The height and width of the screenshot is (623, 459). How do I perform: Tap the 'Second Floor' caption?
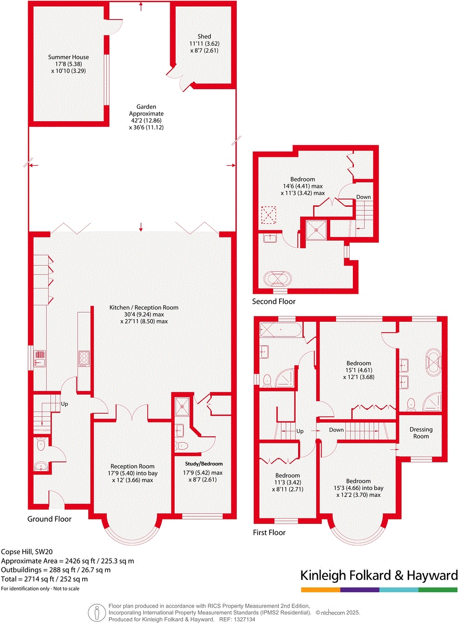tap(274, 302)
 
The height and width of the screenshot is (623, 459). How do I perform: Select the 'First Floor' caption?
tap(269, 532)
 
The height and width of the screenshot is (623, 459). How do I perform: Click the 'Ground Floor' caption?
tap(49, 519)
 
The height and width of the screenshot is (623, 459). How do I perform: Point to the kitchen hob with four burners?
tap(84, 359)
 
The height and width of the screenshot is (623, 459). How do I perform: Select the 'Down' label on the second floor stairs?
tap(363, 197)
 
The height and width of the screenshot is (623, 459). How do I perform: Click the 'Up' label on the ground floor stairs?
tap(65, 403)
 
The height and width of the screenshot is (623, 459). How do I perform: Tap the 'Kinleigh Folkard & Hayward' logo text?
tap(379, 575)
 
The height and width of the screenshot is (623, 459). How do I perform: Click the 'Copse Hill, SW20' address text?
tap(25, 551)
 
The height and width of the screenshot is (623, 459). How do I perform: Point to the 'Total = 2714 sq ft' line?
tap(44, 579)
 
